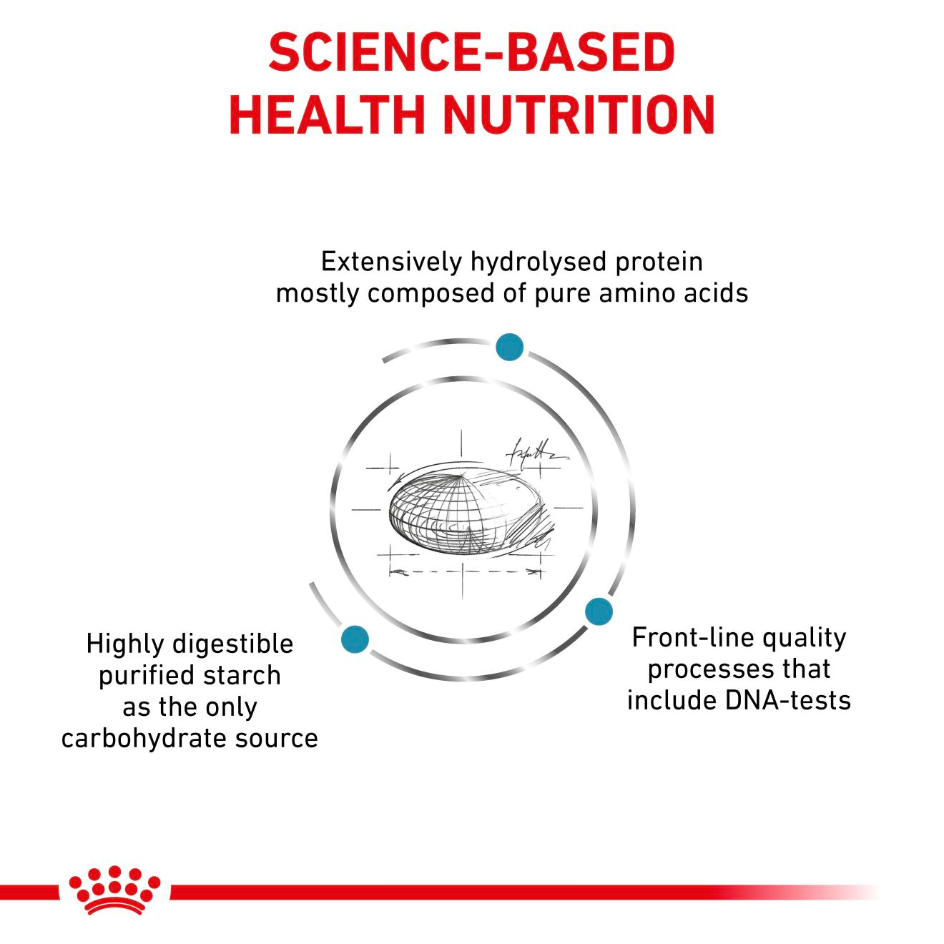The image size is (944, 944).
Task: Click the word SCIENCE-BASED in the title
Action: tap(471, 52)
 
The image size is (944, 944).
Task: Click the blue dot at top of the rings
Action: tap(509, 347)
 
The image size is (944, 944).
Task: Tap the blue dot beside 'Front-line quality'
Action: tap(599, 611)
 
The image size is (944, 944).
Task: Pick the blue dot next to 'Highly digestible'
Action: tap(355, 638)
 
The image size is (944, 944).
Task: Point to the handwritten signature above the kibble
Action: tap(533, 452)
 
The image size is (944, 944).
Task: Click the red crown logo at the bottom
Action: tap(114, 890)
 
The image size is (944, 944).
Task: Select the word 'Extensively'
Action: tap(391, 262)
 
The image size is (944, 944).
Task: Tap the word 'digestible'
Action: tap(232, 644)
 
